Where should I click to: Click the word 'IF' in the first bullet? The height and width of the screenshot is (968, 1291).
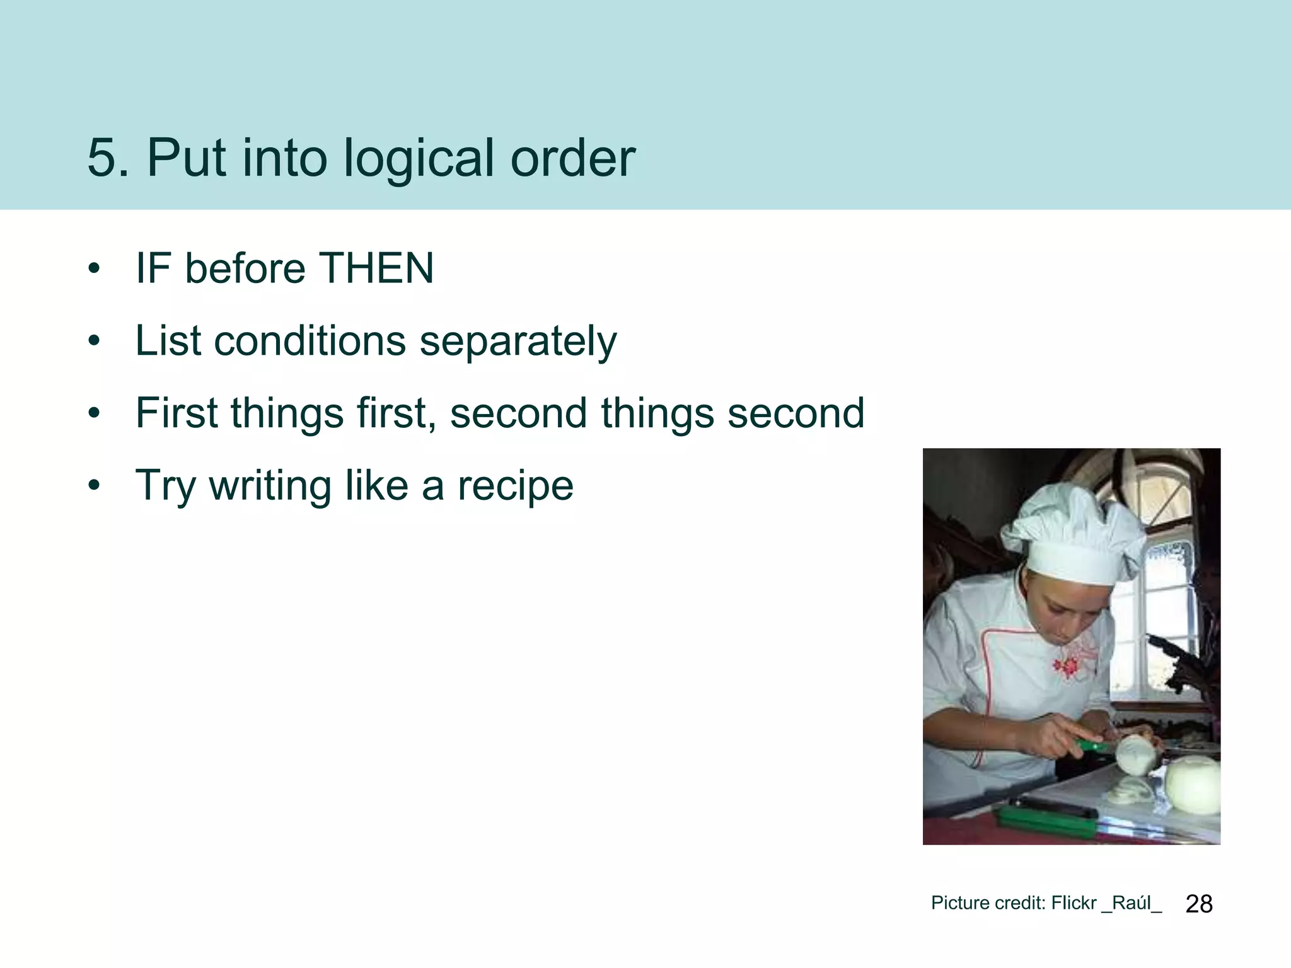(x=153, y=268)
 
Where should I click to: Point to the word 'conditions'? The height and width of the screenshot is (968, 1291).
(x=310, y=341)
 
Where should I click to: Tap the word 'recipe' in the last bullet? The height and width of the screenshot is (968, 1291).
(x=515, y=487)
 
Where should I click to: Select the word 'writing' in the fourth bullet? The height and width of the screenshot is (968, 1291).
(x=270, y=487)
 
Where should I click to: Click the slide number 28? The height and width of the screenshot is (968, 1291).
(x=1198, y=904)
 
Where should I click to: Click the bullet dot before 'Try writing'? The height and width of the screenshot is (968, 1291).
(x=95, y=486)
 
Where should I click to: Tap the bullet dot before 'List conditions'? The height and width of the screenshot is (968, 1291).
(x=95, y=342)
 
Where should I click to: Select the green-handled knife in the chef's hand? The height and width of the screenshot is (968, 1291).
(x=1094, y=747)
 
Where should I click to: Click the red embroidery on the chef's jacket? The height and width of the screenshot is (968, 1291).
(x=1067, y=665)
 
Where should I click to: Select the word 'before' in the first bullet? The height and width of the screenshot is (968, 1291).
(x=245, y=268)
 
